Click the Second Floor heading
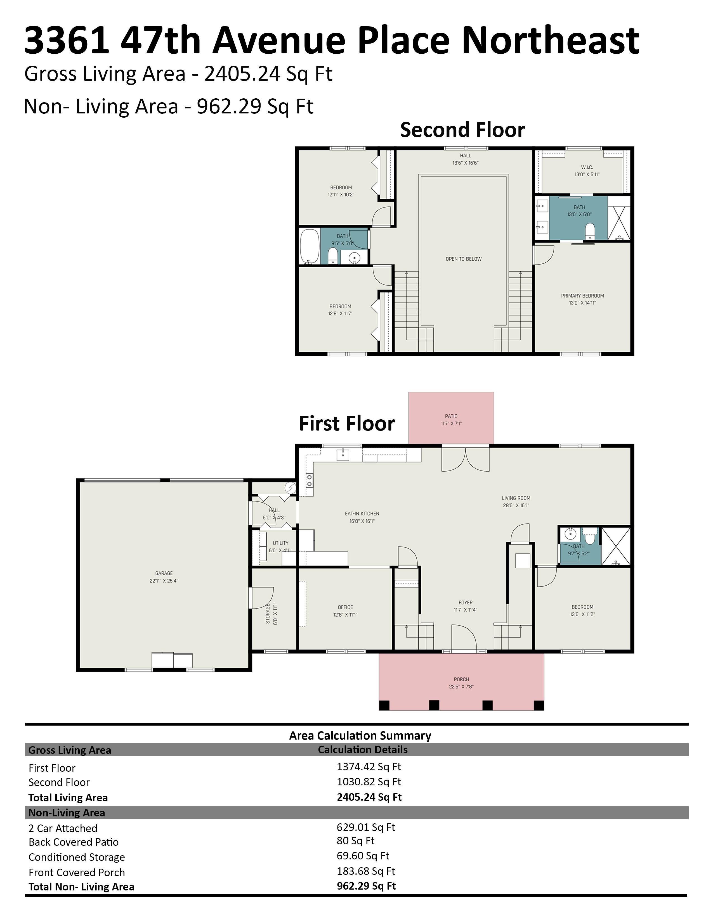pyautogui.click(x=462, y=130)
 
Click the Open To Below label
pyautogui.click(x=463, y=259)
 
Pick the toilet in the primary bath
pyautogui.click(x=590, y=232)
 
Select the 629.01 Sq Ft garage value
pyautogui.click(x=366, y=827)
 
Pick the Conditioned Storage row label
pyautogui.click(x=77, y=857)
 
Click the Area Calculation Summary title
pyautogui.click(x=360, y=735)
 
